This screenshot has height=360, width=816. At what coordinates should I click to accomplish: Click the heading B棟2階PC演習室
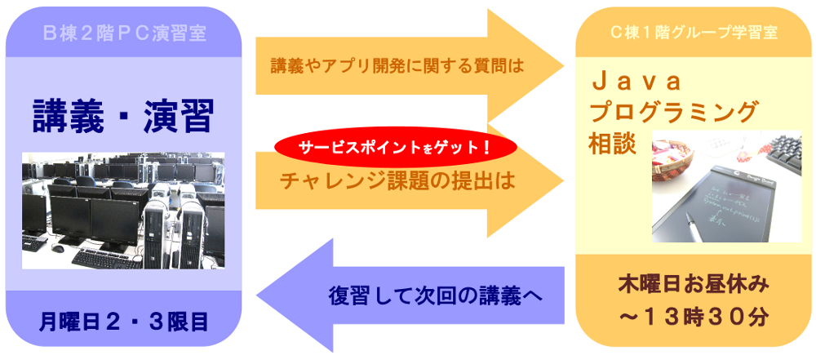[x=124, y=34]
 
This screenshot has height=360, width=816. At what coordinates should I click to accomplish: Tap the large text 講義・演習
[x=123, y=117]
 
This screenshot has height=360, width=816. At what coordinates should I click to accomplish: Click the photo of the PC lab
[x=123, y=211]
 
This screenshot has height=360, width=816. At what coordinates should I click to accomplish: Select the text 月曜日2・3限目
[x=124, y=320]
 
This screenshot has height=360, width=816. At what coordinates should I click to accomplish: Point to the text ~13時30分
[x=694, y=318]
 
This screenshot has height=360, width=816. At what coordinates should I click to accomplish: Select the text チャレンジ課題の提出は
[x=397, y=180]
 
